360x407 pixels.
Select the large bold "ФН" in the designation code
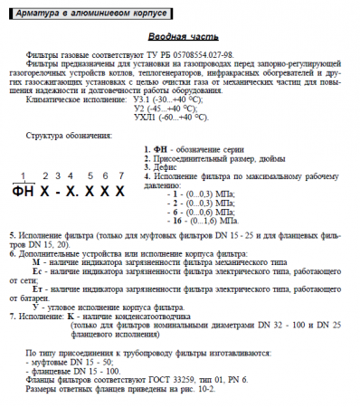pos(25,193)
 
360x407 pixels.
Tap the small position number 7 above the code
pos(120,175)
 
